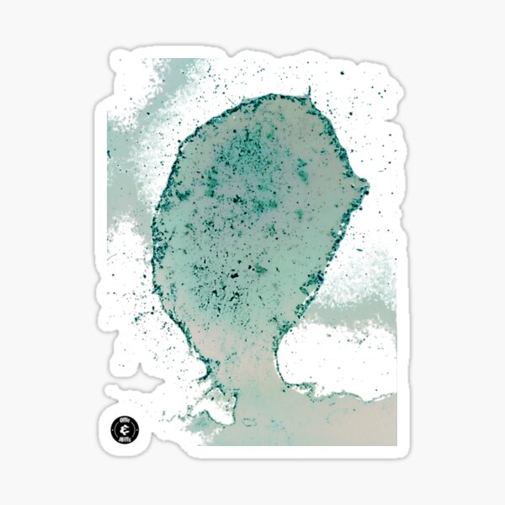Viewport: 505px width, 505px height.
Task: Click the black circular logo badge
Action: pyautogui.click(x=125, y=428)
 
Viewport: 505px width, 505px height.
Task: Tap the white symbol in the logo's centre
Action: pyautogui.click(x=125, y=428)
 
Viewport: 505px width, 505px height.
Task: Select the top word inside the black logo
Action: pyautogui.click(x=125, y=420)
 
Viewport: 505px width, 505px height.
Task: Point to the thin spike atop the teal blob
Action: pyautogui.click(x=309, y=91)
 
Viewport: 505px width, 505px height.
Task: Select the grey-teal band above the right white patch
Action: pyautogui.click(x=353, y=311)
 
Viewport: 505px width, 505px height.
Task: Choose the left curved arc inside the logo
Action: pyautogui.click(x=116, y=428)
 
